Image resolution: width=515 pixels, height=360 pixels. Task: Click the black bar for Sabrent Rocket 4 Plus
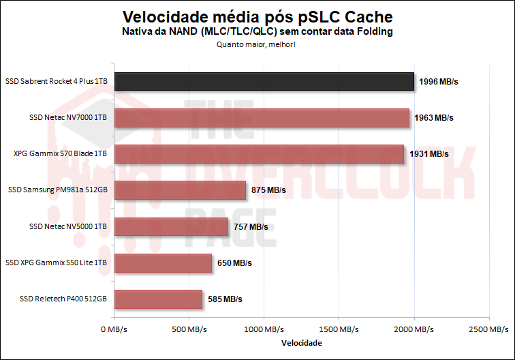pyautogui.click(x=264, y=82)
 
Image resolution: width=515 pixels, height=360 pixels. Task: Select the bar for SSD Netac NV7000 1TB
pyautogui.click(x=262, y=118)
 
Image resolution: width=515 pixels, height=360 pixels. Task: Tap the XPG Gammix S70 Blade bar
pyautogui.click(x=259, y=154)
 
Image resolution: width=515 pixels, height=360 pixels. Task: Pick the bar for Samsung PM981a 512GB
pyautogui.click(x=180, y=190)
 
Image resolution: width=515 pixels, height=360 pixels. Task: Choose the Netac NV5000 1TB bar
pyautogui.click(x=171, y=226)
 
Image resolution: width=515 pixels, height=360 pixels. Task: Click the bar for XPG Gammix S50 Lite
pyautogui.click(x=163, y=262)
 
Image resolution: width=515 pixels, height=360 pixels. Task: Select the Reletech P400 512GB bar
pyautogui.click(x=158, y=299)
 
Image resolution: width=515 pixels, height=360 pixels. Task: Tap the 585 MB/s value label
pyautogui.click(x=225, y=299)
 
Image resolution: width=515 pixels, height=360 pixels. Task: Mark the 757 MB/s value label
pyautogui.click(x=251, y=226)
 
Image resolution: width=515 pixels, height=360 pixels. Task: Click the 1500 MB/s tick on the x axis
pyautogui.click(x=339, y=329)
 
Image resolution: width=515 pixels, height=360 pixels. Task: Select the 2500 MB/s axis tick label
pyautogui.click(x=488, y=329)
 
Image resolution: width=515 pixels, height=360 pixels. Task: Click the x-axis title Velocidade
pyautogui.click(x=301, y=343)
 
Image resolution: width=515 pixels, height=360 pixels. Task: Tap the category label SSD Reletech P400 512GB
pyautogui.click(x=63, y=299)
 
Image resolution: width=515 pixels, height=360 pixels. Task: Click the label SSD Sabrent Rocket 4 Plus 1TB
pyautogui.click(x=57, y=82)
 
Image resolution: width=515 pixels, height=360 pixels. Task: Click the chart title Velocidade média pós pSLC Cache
pyautogui.click(x=257, y=16)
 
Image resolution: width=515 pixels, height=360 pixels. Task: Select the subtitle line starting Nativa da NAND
pyautogui.click(x=257, y=32)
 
